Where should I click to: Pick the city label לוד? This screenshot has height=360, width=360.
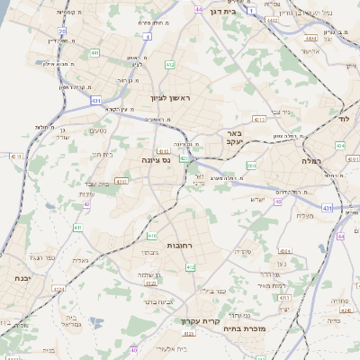pos(343,118)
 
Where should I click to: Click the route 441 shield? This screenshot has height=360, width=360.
pos(94,53)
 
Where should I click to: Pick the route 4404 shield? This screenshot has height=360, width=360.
pos(310,40)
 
